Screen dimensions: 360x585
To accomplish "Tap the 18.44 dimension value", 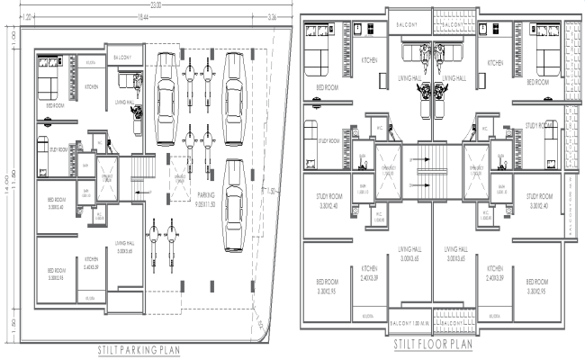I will point(142,17).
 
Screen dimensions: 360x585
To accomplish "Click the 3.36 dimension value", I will point(274,17).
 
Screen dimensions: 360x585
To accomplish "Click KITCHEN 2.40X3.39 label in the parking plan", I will point(92,263).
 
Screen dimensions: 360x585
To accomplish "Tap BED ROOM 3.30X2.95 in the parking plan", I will point(54,274).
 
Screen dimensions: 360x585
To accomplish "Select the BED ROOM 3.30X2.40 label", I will point(58,202).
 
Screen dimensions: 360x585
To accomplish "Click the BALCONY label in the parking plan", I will point(123,58).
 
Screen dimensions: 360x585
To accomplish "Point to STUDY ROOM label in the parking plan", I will point(59,150).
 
